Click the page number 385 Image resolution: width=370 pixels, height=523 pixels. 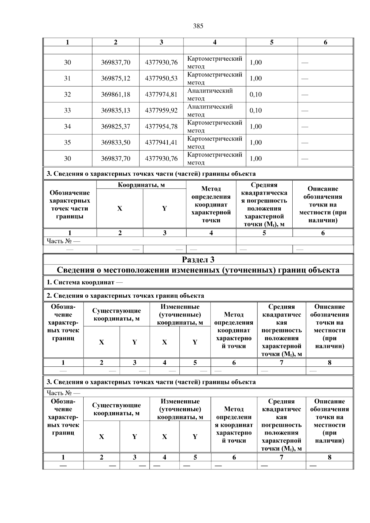coord(198,26)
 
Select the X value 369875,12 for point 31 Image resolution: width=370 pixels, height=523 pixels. coord(116,78)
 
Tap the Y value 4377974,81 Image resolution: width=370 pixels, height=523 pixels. coord(161,94)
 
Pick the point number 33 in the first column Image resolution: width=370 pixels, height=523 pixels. coord(67,110)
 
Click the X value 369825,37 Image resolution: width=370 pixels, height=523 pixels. coord(116,126)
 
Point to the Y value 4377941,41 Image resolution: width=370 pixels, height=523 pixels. coord(161,142)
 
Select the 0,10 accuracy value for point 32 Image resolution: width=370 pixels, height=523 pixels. coord(256,94)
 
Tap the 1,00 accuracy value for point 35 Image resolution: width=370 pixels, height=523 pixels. coord(256,142)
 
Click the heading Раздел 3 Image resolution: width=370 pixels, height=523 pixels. coord(198,259)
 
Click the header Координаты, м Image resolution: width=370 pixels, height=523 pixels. coord(141,185)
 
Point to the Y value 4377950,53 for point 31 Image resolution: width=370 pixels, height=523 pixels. coord(161,78)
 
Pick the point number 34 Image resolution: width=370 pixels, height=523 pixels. coord(67,126)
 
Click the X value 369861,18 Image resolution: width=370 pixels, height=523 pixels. coord(116,94)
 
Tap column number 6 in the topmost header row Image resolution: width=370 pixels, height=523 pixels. coord(325,43)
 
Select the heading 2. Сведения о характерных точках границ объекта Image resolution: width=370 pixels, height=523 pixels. coord(125,296)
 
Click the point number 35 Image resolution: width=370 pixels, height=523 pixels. coord(67,142)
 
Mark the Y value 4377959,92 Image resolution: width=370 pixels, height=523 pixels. coord(161,110)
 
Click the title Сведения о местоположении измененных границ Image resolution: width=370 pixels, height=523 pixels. coord(198,270)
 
